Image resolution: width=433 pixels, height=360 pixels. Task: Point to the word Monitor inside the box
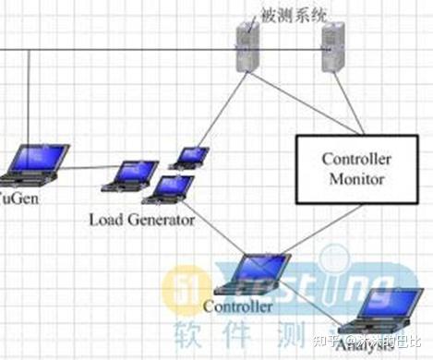[355, 179]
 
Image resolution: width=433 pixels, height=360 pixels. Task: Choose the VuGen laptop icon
[36, 164]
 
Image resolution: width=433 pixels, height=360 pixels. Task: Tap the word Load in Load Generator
[107, 221]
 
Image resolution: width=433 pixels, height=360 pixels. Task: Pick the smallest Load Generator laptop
[191, 157]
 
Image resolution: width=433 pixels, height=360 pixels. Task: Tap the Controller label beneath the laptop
[237, 306]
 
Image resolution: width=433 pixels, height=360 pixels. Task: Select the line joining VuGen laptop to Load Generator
[89, 167]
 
